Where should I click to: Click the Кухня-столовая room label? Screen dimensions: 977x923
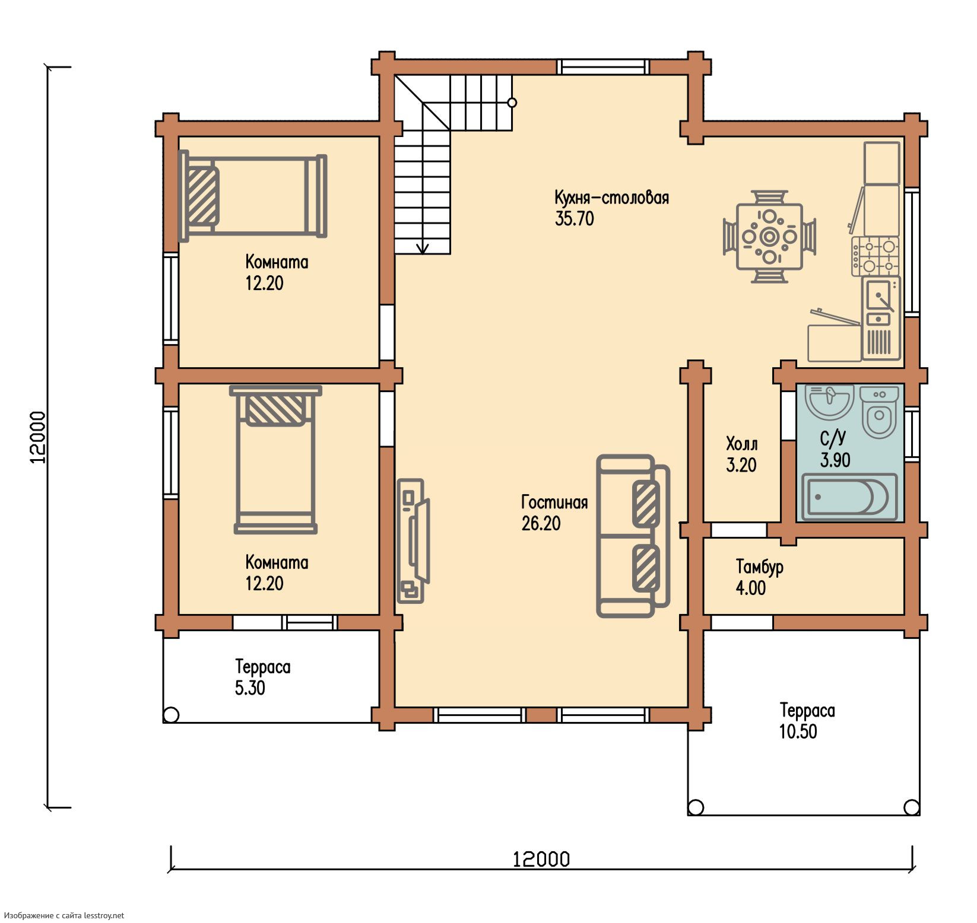tap(611, 198)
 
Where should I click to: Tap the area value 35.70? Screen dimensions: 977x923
tap(574, 219)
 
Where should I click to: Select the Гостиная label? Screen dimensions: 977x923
tap(554, 502)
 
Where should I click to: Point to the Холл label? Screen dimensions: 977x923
tap(742, 443)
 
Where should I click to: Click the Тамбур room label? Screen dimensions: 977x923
tap(760, 567)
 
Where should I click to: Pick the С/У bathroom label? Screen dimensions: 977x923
tap(833, 438)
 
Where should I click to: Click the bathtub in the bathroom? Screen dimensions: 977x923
tap(849, 496)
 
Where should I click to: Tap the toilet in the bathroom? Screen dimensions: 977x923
tap(878, 412)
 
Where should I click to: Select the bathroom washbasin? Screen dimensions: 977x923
tap(829, 402)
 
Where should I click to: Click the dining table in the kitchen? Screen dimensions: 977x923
tap(769, 237)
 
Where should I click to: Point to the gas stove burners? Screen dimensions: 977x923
tap(875, 256)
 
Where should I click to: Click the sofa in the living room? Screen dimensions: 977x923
tap(633, 536)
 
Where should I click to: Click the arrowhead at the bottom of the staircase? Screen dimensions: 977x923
tap(423, 249)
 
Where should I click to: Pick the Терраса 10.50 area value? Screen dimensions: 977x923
tap(798, 731)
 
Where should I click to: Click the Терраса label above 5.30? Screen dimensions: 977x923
tap(263, 667)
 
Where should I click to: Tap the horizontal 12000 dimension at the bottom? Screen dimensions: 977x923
tap(541, 859)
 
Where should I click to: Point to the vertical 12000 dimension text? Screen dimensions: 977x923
tap(37, 437)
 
